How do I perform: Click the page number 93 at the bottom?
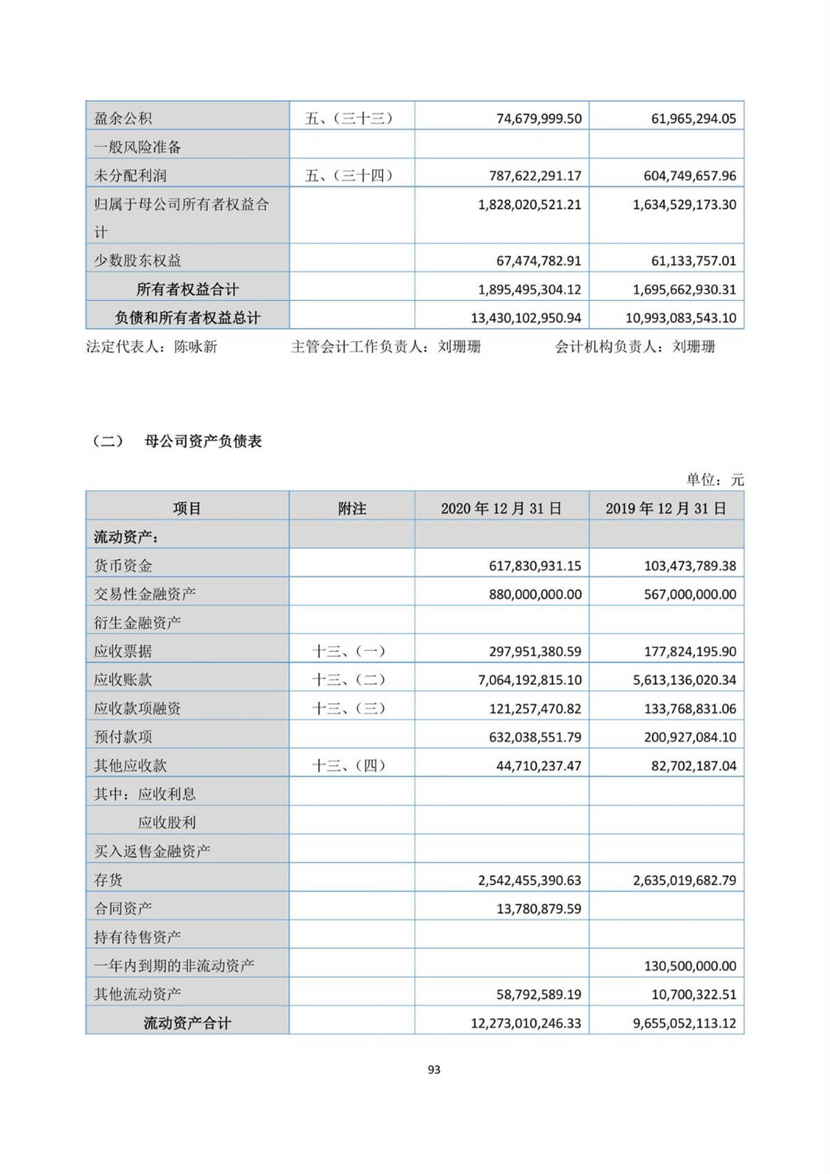coord(434,1070)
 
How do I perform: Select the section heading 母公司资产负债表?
coord(203,441)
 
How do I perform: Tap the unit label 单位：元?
coord(714,479)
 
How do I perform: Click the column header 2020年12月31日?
coord(501,508)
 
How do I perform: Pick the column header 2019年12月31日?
coord(666,508)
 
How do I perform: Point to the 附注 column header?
coord(352,508)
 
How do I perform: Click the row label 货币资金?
coord(123,566)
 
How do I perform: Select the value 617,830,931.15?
coord(535,566)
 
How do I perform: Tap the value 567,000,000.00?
coord(690,594)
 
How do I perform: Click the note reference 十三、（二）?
coord(349,680)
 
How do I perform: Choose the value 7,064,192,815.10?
coord(529,680)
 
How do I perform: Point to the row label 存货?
coord(109,880)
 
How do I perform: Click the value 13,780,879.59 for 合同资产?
coord(539,909)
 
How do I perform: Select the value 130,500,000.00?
coord(690,966)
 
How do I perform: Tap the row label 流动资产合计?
coord(187,1023)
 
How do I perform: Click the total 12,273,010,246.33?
coord(526,1023)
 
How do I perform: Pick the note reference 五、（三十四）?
coord(349,176)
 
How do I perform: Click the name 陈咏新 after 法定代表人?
coord(196,347)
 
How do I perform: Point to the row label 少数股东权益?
coord(138,261)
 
